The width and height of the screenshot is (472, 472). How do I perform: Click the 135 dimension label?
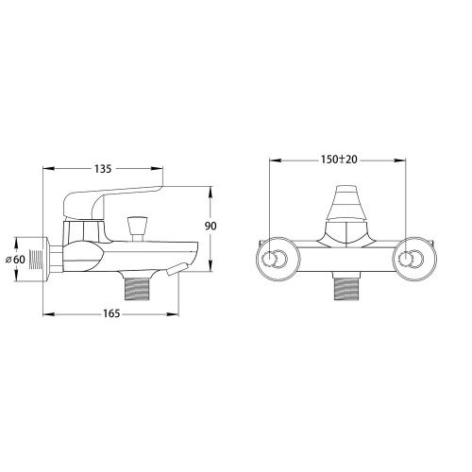103,169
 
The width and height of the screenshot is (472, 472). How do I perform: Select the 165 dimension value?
111,313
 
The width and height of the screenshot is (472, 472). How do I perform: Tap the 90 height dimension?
211,226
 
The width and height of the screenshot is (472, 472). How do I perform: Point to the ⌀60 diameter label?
16,260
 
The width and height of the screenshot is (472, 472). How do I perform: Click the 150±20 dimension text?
339,160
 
